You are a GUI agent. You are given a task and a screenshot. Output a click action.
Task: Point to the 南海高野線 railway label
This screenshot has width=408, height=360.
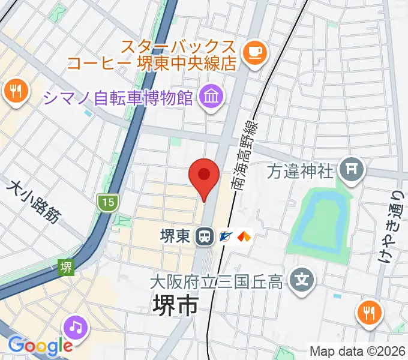(x=245, y=154)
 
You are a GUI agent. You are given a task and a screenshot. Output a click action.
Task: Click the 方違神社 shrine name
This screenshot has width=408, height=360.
(x=299, y=172)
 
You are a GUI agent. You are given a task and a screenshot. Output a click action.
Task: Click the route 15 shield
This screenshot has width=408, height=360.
(x=107, y=202)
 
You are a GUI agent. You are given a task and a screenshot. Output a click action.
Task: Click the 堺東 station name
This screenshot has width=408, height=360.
(x=175, y=236)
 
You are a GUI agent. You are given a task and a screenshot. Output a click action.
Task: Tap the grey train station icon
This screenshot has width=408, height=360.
(x=205, y=236)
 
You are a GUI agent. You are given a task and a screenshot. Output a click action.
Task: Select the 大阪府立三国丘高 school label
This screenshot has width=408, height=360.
(x=216, y=281)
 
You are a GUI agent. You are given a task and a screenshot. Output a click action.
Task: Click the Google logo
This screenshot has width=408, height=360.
(x=40, y=345)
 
